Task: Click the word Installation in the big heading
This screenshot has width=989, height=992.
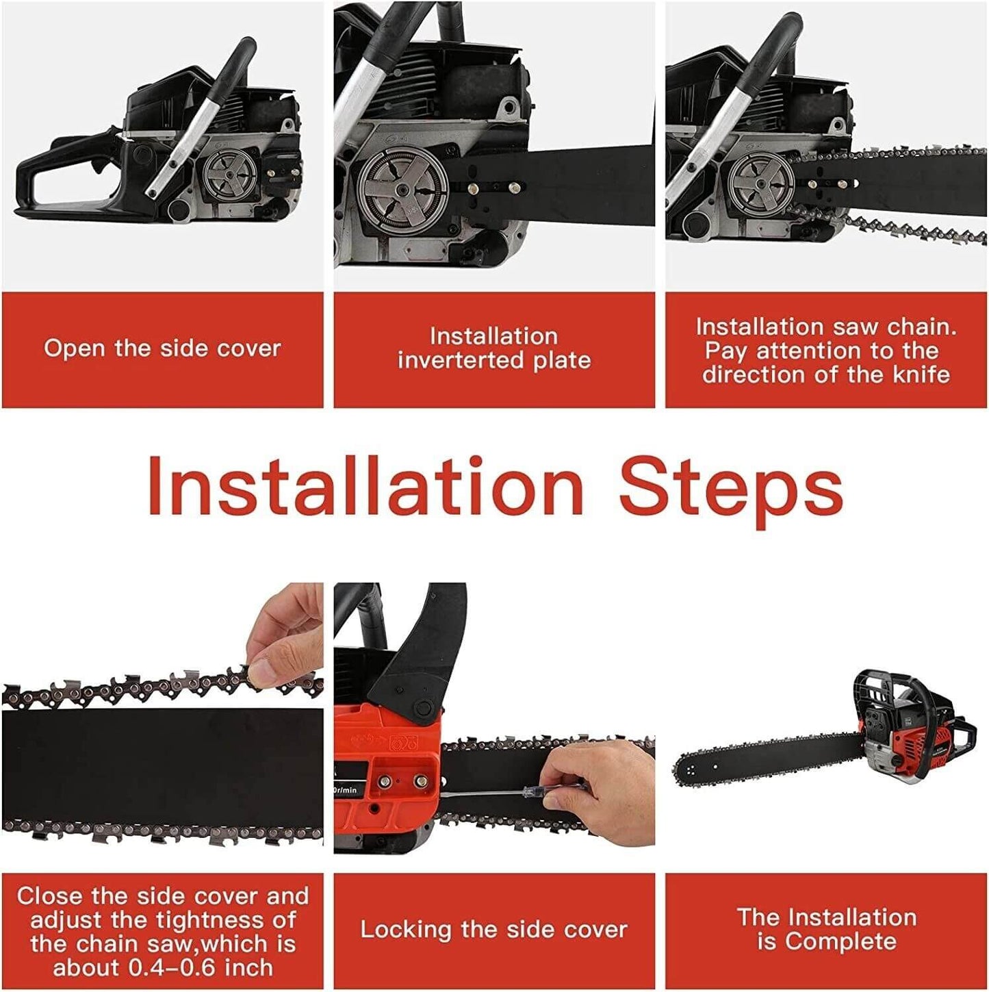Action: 365,486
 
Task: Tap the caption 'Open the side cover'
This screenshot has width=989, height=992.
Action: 162,348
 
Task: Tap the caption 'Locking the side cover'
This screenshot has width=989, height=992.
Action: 493,930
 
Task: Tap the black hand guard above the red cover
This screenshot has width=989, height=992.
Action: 418,657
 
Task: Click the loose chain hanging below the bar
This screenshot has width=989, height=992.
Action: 910,230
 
